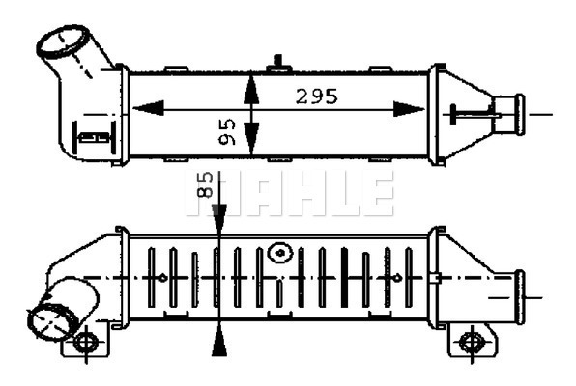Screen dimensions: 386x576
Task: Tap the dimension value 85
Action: point(205,184)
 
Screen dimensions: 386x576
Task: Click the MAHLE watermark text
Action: point(290,193)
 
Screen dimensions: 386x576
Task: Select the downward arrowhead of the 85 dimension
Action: point(221,219)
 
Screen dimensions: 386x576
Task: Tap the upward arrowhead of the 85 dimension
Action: point(221,337)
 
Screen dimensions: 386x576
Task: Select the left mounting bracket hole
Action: point(85,342)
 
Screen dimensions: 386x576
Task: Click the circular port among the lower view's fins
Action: point(280,254)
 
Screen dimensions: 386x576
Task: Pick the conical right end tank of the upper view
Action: point(461,113)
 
